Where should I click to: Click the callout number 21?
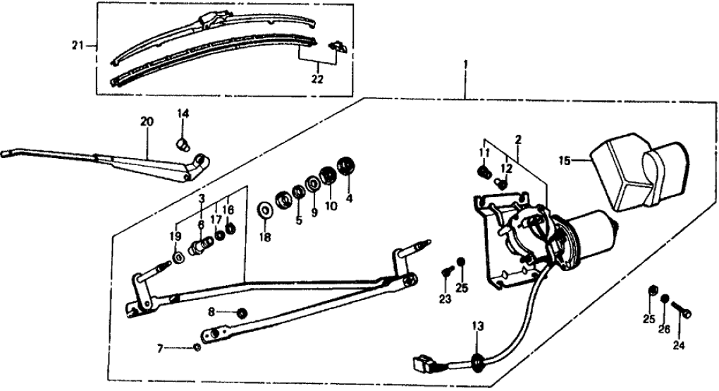77,46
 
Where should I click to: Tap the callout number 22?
317,79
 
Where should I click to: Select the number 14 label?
183,114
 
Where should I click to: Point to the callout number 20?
147,121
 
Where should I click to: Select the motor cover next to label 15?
638,174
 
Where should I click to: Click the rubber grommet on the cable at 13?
477,361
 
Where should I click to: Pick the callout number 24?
679,346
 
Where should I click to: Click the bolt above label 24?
682,308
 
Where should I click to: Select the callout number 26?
663,329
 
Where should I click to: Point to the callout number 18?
265,237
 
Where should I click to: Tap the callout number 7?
160,348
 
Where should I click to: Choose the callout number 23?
444,300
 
